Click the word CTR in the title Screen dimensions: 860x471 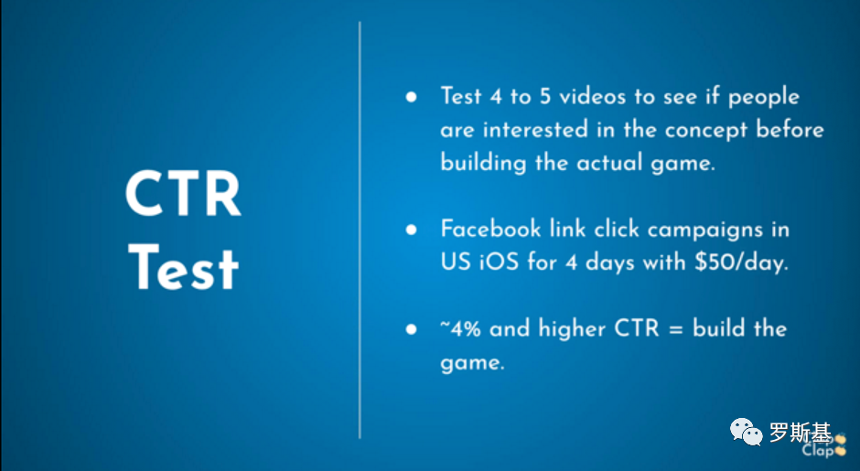pyautogui.click(x=183, y=194)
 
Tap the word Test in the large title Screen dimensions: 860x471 pyautogui.click(x=183, y=268)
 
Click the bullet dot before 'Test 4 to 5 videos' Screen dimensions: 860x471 pyautogui.click(x=412, y=98)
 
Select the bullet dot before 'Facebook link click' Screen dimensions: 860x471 pyautogui.click(x=412, y=230)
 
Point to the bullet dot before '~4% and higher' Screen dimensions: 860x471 pyautogui.click(x=412, y=329)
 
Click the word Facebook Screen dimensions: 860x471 pyautogui.click(x=490, y=229)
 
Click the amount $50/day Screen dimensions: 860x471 pyautogui.click(x=741, y=262)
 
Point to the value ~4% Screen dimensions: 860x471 pyautogui.click(x=461, y=328)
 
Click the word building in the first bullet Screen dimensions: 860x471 pyautogui.click(x=483, y=164)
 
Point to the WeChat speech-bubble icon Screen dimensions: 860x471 pyautogui.click(x=746, y=432)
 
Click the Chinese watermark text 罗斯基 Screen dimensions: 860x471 pyautogui.click(x=801, y=432)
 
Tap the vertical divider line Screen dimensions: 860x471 pyautogui.click(x=360, y=230)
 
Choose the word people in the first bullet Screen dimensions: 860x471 pyautogui.click(x=763, y=98)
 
